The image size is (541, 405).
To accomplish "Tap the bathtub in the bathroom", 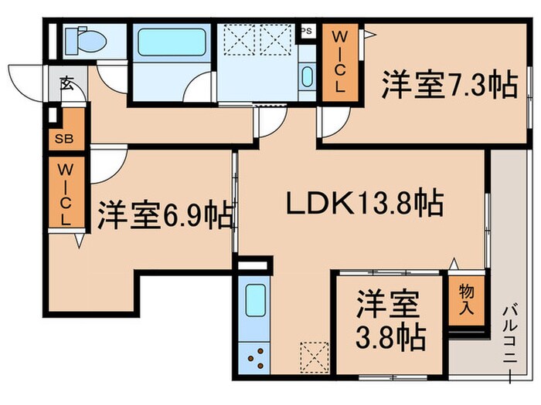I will click(172, 42).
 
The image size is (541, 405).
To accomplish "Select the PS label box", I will click(306, 31).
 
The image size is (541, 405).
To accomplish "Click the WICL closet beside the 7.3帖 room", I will click(340, 62).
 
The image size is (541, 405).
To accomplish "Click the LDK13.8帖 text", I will click(365, 204).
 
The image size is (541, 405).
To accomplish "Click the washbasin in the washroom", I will click(306, 78).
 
